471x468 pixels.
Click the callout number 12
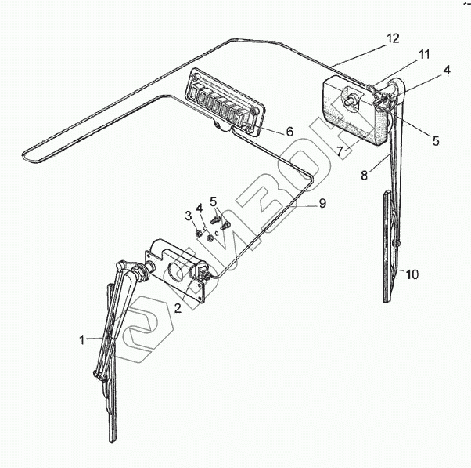(392, 38)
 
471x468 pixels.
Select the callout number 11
(423, 54)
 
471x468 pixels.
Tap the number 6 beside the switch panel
(289, 132)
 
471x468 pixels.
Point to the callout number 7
(340, 150)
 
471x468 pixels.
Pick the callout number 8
(364, 175)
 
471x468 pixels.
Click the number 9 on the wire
(322, 204)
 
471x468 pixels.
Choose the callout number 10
(412, 274)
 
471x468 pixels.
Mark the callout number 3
(188, 215)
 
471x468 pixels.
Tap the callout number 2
(178, 308)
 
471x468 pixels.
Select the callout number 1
(81, 339)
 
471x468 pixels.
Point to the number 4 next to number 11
(447, 71)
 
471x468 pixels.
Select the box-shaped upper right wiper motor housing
(352, 114)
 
